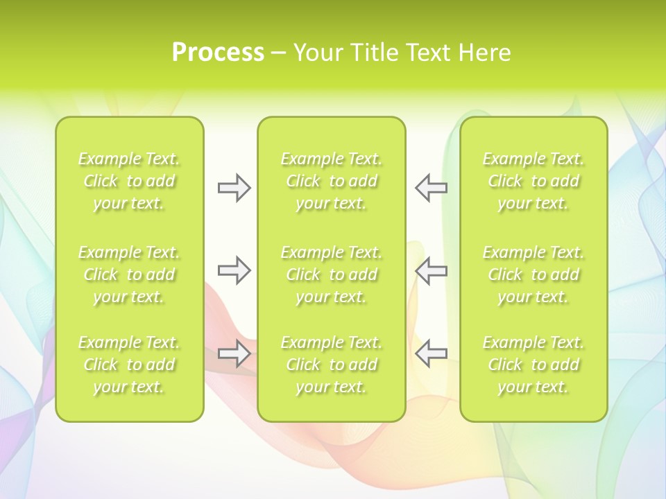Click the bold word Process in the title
click(x=218, y=53)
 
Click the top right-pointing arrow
click(x=234, y=188)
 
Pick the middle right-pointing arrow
click(x=234, y=270)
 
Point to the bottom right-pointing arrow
click(x=234, y=353)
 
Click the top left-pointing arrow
click(x=431, y=188)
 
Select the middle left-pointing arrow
click(x=431, y=270)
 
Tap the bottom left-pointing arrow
click(x=431, y=353)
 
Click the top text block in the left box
click(x=129, y=181)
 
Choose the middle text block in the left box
click(x=129, y=274)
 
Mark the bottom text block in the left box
click(x=129, y=365)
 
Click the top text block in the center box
click(x=332, y=181)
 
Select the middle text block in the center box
click(x=332, y=274)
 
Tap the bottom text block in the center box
click(x=332, y=365)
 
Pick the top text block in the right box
click(x=533, y=181)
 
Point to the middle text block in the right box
click(x=533, y=274)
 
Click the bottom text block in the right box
click(x=533, y=365)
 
